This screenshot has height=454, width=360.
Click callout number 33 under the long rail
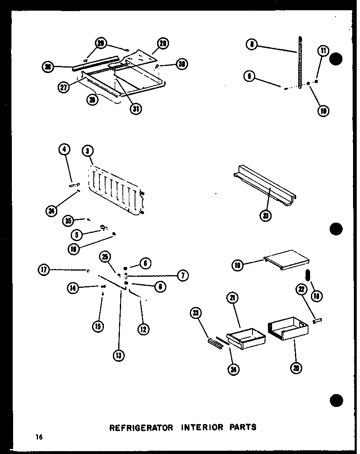(x=266, y=215)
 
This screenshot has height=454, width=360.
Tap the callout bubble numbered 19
(x=238, y=266)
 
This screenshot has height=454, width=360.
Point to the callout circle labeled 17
(x=44, y=269)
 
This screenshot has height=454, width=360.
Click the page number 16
(x=39, y=437)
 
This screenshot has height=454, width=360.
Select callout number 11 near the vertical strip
(x=323, y=51)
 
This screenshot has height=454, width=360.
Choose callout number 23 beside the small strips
(x=196, y=314)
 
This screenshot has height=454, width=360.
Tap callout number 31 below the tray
(x=135, y=109)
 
